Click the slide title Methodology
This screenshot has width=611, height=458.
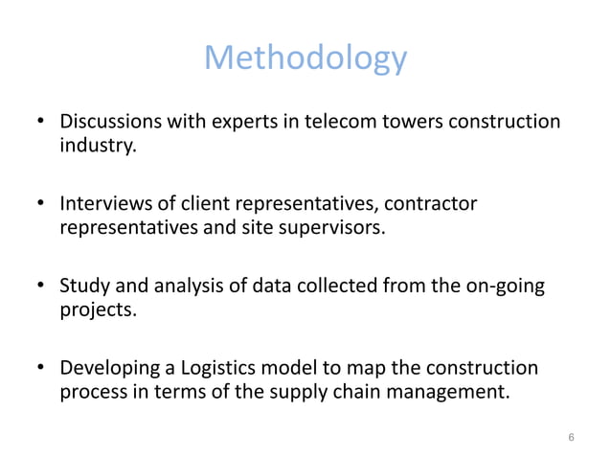click(x=305, y=59)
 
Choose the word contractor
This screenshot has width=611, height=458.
click(x=435, y=205)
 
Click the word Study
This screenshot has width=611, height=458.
click(x=82, y=286)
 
